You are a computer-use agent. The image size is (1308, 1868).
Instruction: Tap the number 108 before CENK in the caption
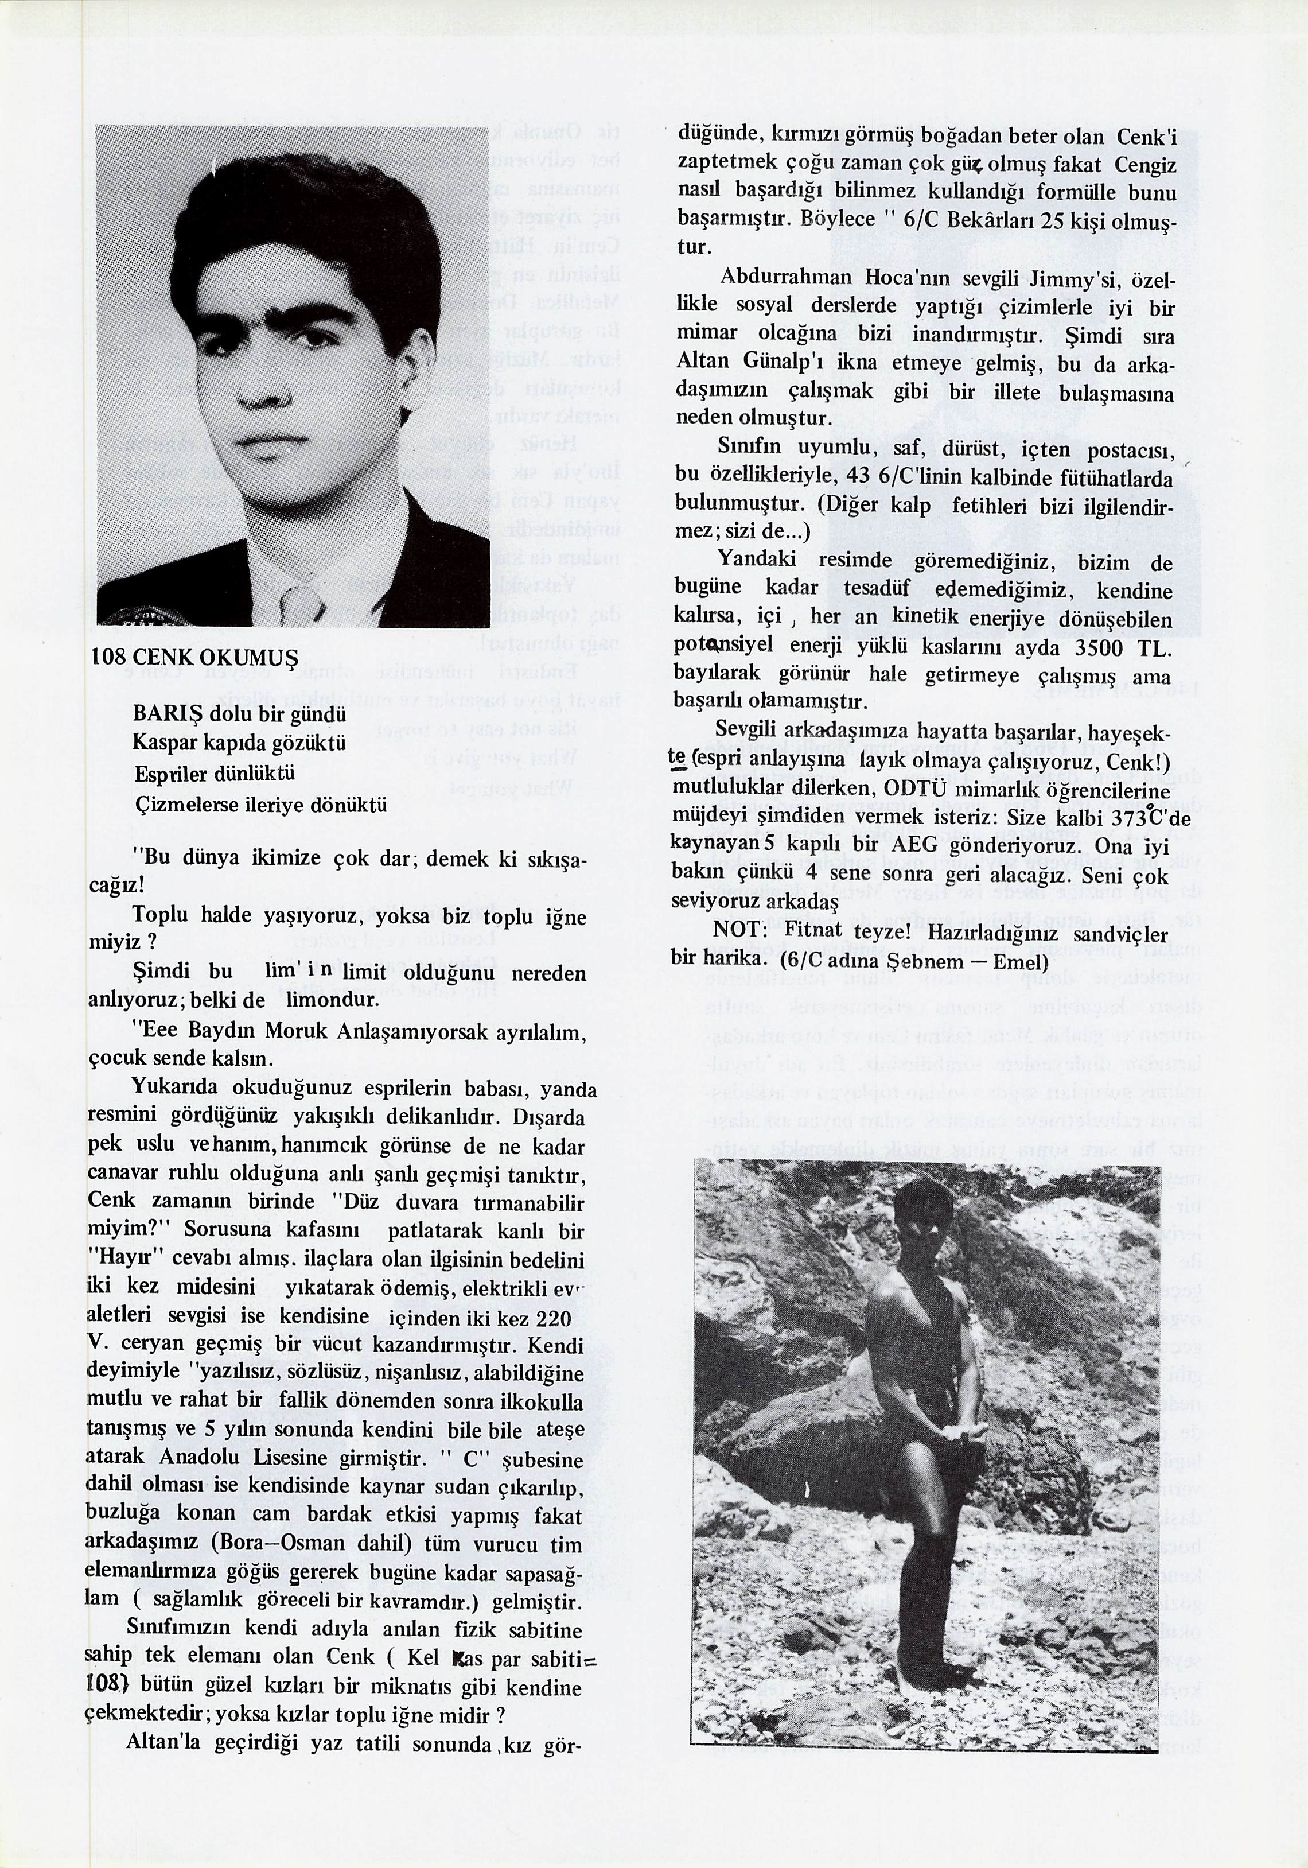[108, 657]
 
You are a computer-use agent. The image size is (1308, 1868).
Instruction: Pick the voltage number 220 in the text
[554, 1317]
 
